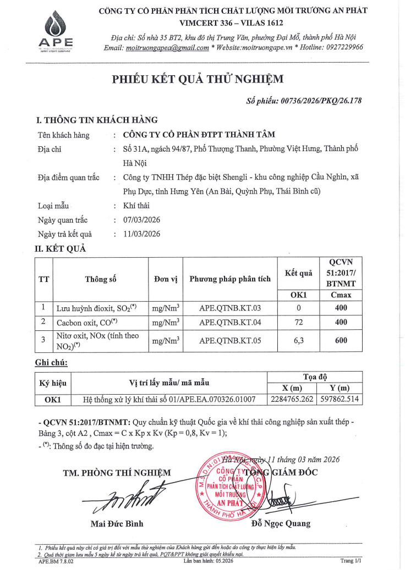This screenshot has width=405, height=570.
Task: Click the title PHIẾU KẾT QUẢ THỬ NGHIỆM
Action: click(x=198, y=80)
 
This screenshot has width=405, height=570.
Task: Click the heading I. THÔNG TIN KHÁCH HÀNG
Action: click(x=97, y=120)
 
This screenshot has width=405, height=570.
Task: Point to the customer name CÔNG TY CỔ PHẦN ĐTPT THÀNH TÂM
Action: click(x=199, y=135)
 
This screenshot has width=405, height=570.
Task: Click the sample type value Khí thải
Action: click(x=136, y=206)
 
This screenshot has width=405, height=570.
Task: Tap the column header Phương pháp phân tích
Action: click(x=230, y=279)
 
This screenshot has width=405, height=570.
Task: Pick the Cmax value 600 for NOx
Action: click(x=341, y=340)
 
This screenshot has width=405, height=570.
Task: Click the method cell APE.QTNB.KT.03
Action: click(x=230, y=308)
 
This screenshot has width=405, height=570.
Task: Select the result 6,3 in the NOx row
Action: click(x=299, y=340)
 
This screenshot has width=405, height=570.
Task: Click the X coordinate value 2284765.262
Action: click(x=293, y=400)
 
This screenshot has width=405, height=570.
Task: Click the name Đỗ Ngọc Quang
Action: click(x=280, y=523)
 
